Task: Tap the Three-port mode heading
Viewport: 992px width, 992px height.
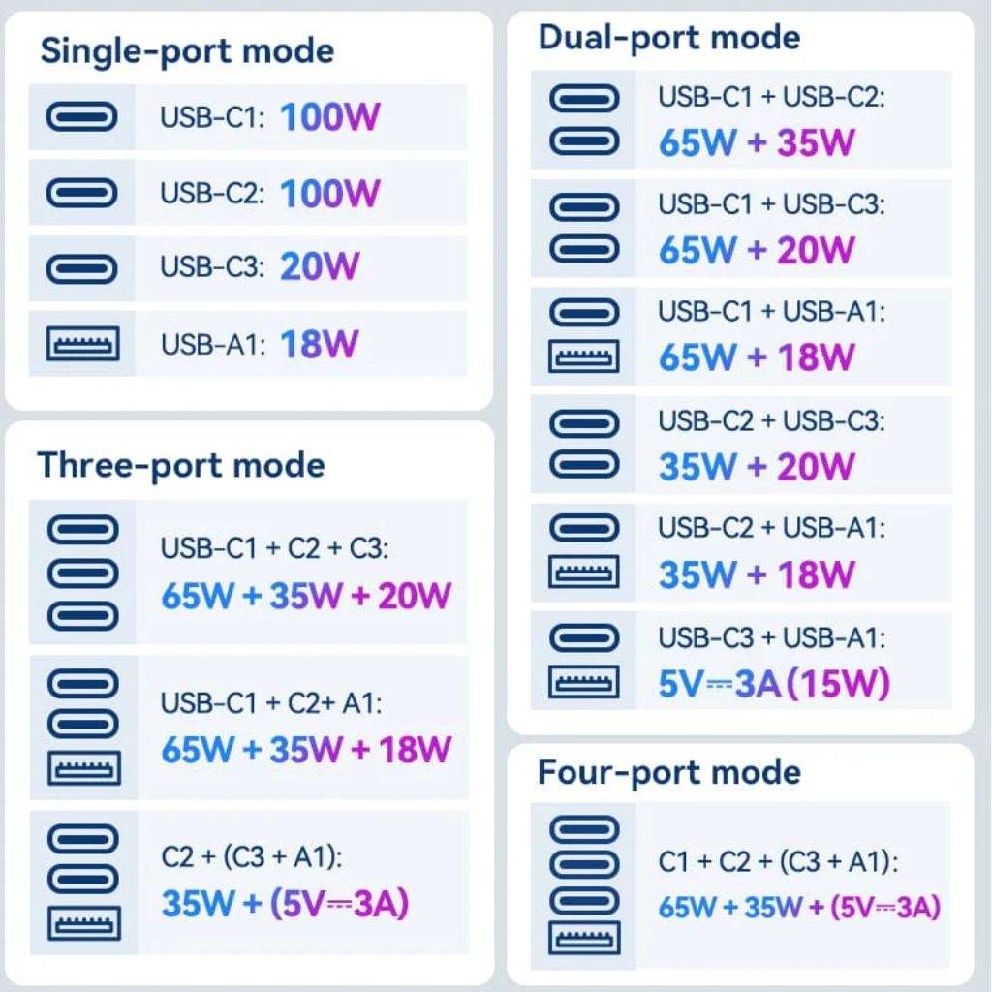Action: (x=181, y=466)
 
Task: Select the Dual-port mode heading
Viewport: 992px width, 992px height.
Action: (x=668, y=38)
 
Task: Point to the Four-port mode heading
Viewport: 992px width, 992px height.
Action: (x=668, y=772)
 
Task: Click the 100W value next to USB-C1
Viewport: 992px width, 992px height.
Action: (x=329, y=117)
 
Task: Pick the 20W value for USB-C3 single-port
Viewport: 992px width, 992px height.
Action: (x=320, y=265)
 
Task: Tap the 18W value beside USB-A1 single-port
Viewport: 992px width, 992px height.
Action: (x=319, y=344)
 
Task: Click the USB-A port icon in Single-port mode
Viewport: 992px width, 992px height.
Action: (x=83, y=344)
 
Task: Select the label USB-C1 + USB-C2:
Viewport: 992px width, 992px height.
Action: (x=771, y=98)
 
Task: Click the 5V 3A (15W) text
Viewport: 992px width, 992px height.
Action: (x=774, y=683)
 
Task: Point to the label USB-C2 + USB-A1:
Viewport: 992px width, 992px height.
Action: (x=771, y=528)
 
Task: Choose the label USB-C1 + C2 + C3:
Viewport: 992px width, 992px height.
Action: (x=274, y=548)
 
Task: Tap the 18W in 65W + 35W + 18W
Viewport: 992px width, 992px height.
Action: (x=415, y=750)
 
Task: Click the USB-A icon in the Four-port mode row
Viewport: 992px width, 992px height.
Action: (x=584, y=938)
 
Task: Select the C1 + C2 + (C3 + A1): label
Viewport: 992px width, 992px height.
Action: (x=778, y=861)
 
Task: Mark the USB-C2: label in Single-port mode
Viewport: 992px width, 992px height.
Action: (x=212, y=193)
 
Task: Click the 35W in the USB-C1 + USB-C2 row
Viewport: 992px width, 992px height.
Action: (x=816, y=141)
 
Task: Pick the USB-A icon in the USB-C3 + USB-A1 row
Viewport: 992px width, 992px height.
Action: (x=583, y=681)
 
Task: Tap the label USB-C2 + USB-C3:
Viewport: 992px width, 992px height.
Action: (x=771, y=421)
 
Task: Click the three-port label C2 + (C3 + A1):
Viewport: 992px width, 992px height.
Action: (x=252, y=858)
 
